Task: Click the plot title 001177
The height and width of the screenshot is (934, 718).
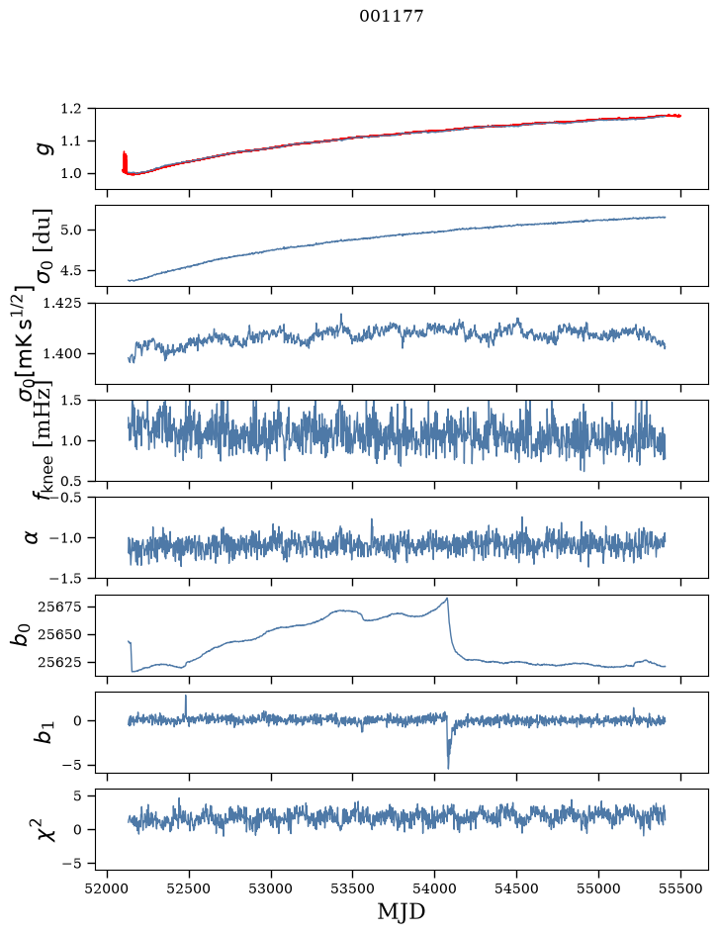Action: coord(392,16)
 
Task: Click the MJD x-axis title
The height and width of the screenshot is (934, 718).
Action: coord(402,911)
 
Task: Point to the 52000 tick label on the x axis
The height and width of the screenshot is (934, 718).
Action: coord(107,888)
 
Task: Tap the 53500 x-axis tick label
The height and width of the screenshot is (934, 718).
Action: coord(353,888)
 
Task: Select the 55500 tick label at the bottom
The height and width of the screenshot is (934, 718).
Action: coord(680,888)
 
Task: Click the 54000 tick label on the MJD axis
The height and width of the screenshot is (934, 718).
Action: coord(434,888)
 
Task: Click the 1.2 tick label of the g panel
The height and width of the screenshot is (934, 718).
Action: coord(70,109)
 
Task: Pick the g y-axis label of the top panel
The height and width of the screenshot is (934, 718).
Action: coord(45,147)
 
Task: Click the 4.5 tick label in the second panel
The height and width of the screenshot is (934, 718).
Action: coord(70,270)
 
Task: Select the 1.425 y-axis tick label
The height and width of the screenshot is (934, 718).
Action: coord(66,304)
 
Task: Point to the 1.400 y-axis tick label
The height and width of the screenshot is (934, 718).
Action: coord(66,354)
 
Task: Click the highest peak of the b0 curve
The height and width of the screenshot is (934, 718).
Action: coord(447,599)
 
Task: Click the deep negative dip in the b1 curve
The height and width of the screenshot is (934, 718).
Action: coord(448,766)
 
